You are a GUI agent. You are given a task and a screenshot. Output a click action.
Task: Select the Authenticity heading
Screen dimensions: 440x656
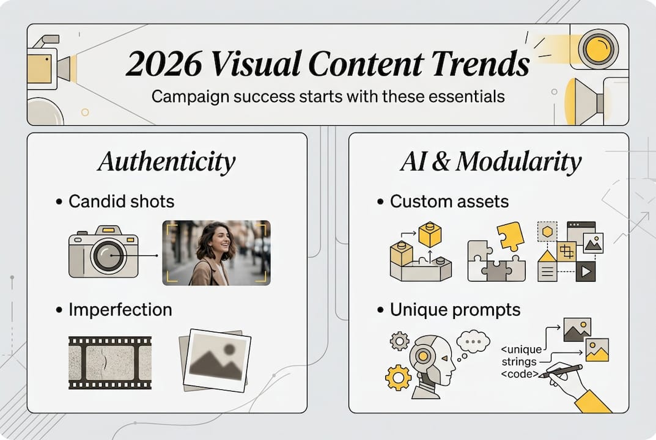(x=166, y=162)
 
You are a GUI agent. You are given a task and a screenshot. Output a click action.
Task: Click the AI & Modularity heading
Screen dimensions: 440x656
(x=491, y=162)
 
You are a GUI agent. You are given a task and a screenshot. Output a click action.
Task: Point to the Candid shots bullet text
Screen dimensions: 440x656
(x=121, y=201)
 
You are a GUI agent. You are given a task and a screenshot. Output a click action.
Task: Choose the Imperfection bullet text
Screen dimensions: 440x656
(x=120, y=309)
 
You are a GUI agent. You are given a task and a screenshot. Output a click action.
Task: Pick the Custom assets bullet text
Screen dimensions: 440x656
(x=449, y=201)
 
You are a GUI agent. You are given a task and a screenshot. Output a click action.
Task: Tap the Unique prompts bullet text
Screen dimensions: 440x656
(x=455, y=309)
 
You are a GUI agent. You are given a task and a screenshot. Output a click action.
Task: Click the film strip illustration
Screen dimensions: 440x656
(x=109, y=362)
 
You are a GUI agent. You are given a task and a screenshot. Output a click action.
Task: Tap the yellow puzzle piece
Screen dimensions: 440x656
(x=510, y=236)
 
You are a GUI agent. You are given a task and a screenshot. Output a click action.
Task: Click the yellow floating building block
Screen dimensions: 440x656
(x=430, y=235)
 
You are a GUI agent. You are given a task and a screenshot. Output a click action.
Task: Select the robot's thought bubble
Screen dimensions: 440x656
(x=473, y=340)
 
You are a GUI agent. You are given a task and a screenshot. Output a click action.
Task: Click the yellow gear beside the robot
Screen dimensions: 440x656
(x=398, y=377)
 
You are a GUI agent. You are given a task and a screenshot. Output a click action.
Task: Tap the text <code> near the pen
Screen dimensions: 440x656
(x=519, y=373)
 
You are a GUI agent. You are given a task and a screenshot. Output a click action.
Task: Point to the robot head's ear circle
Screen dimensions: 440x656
(x=422, y=355)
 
